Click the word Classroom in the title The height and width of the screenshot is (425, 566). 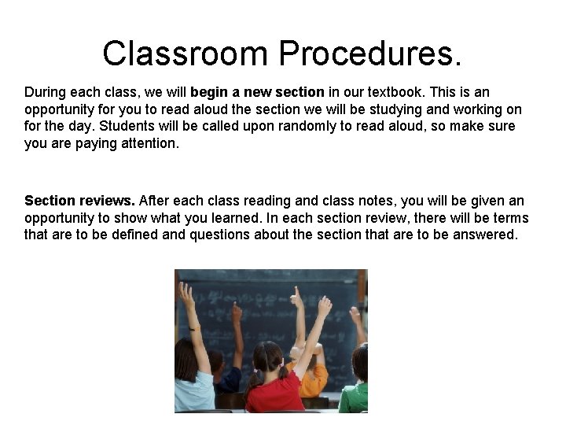[x=186, y=54]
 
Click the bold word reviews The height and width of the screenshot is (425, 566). [x=108, y=201]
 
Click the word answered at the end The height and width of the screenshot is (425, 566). [x=485, y=235]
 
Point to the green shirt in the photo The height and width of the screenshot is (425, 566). [x=355, y=397]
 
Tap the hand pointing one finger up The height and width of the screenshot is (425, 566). [x=296, y=297]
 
